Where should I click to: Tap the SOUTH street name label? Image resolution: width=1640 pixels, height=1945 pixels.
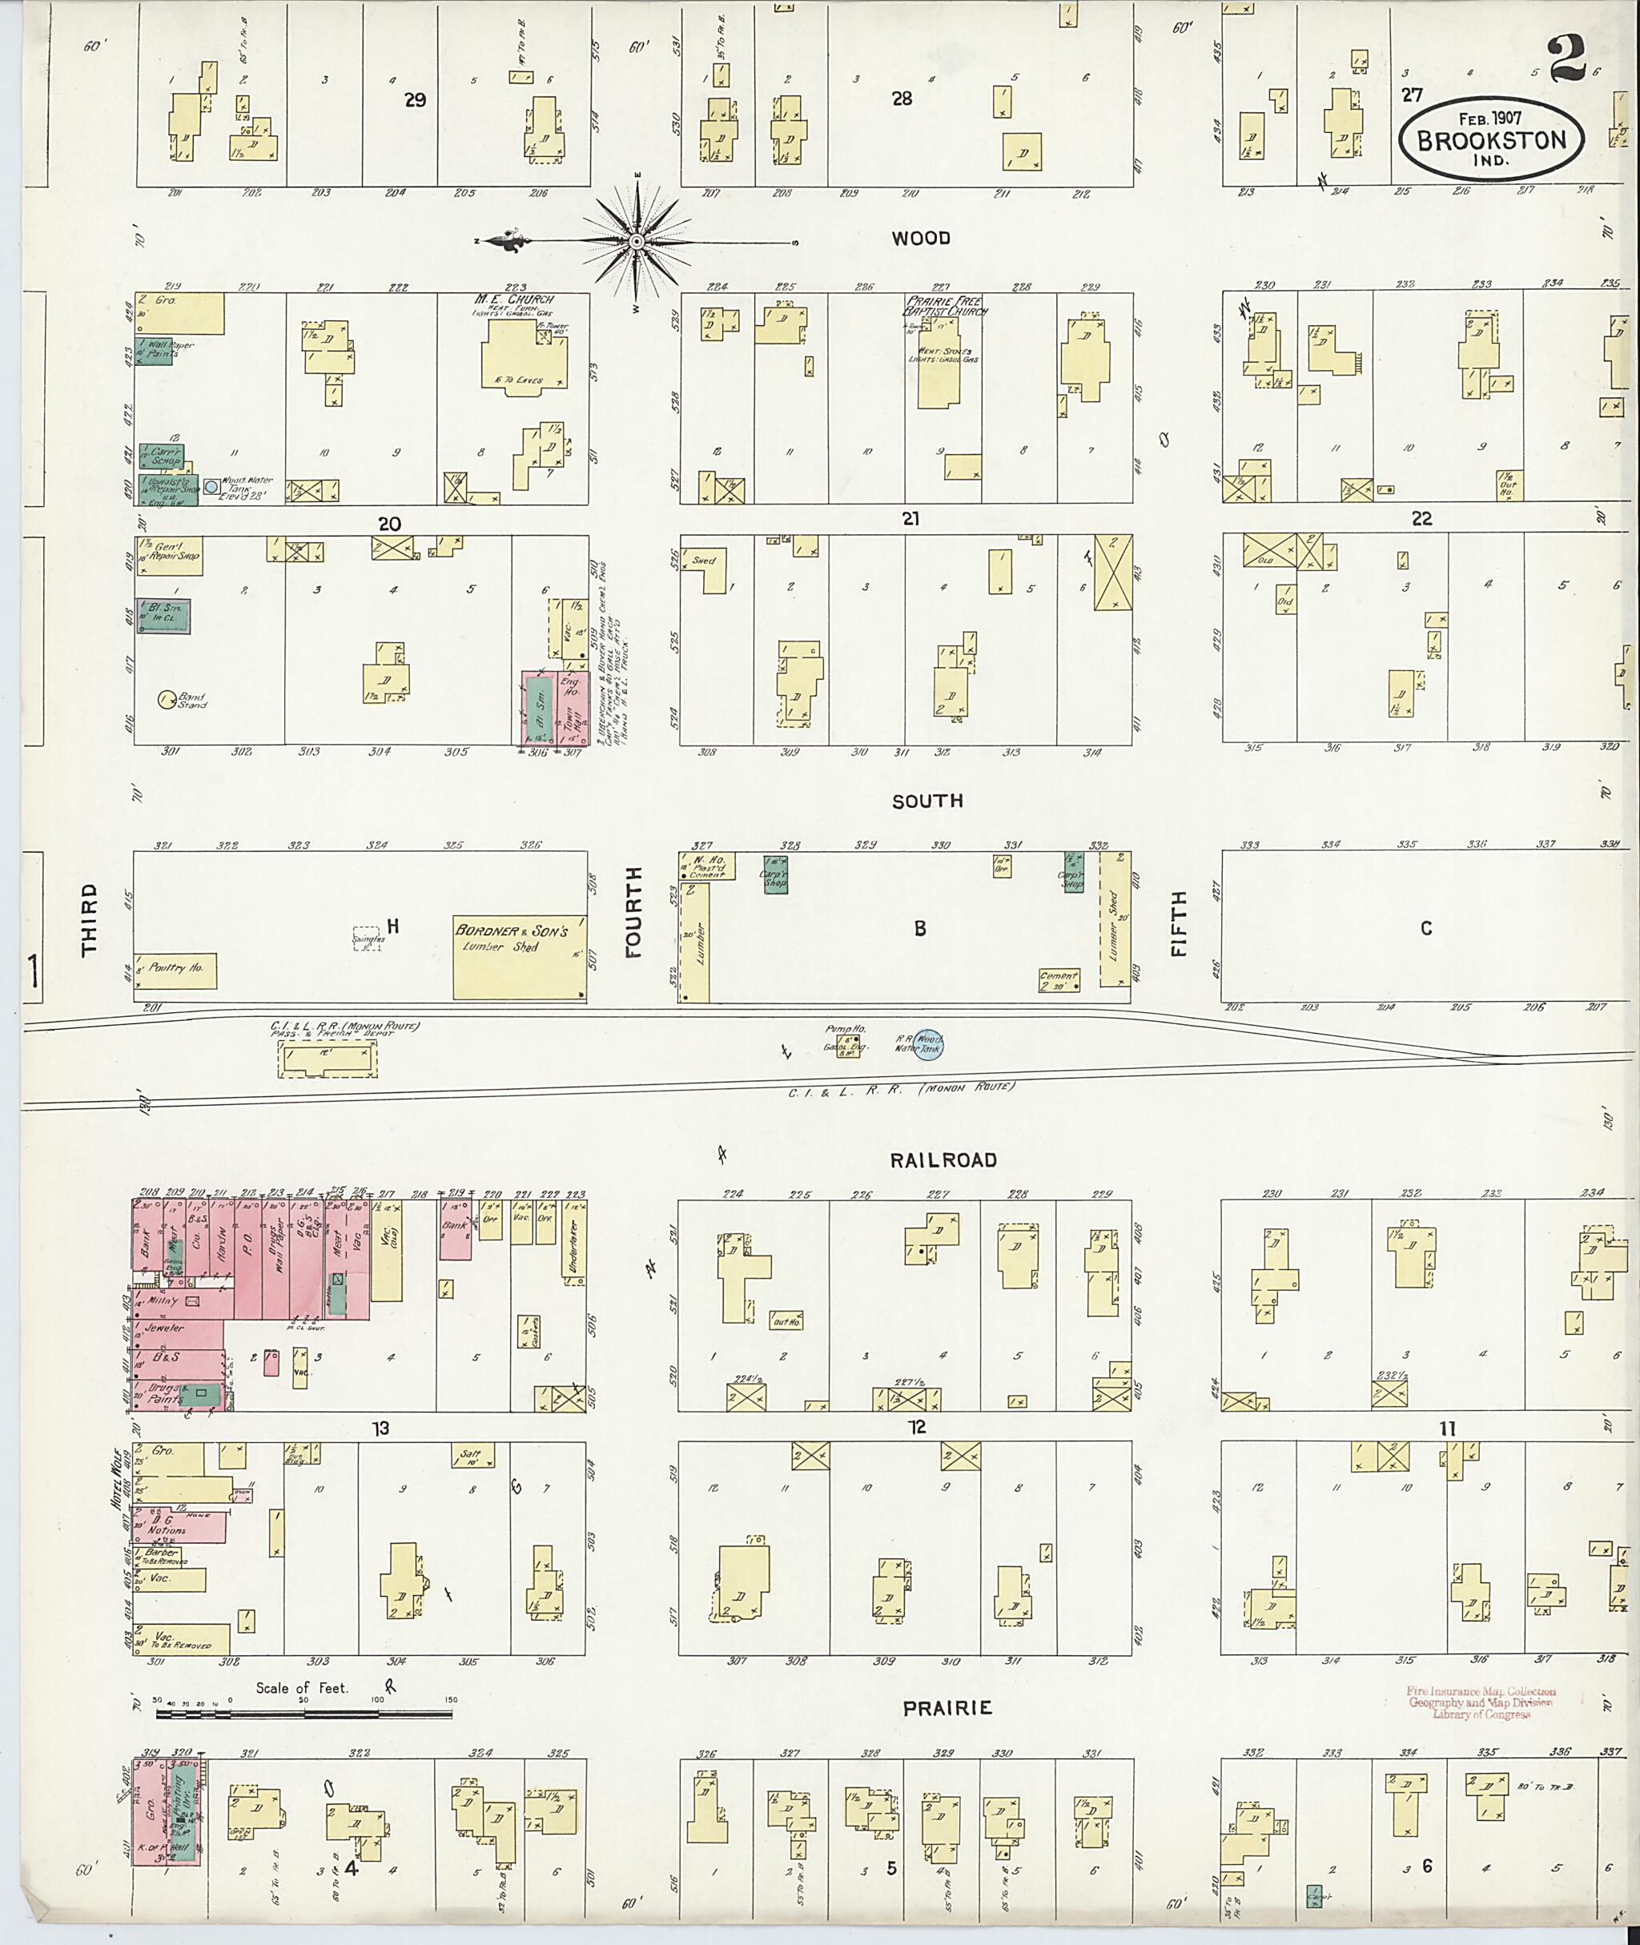(x=927, y=801)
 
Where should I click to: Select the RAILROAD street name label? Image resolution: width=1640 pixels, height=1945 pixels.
(x=943, y=1159)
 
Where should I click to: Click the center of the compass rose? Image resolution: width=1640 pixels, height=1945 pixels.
(x=637, y=242)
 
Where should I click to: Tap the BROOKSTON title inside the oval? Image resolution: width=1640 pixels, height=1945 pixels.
(x=1490, y=140)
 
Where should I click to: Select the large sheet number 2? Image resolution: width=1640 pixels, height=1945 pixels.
(x=1566, y=63)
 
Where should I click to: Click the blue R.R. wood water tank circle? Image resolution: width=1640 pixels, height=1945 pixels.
(x=928, y=1045)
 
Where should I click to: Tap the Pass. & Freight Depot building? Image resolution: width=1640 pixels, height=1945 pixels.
(x=328, y=1059)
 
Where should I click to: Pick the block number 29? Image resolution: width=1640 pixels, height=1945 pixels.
(x=415, y=99)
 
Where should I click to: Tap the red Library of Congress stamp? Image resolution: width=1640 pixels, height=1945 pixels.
(x=1481, y=1702)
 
